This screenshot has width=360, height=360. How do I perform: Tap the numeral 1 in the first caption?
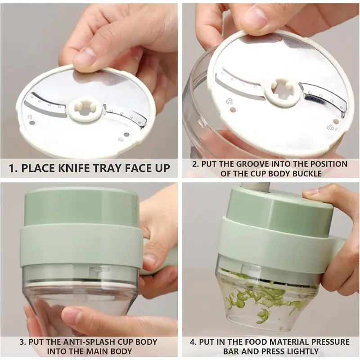pyautogui.click(x=12, y=168)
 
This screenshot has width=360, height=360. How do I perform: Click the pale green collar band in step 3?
pyautogui.click(x=81, y=246)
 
